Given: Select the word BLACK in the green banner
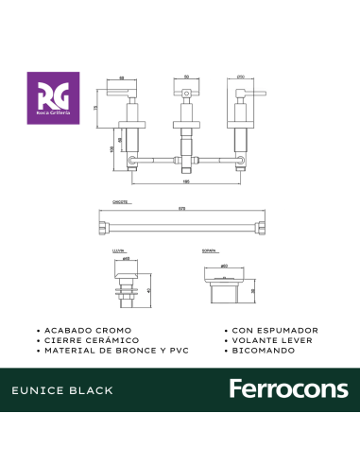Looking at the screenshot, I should click(96, 389).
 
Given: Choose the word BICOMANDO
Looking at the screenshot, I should click(262, 350).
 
